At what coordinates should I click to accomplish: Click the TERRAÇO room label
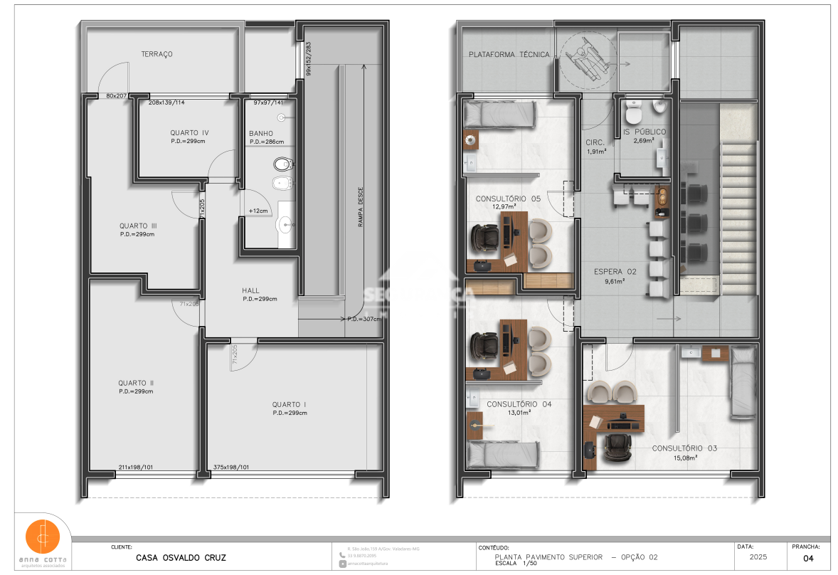click(157, 54)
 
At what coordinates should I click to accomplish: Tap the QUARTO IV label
click(189, 133)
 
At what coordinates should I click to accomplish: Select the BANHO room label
click(261, 134)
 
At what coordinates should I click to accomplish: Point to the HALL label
click(250, 290)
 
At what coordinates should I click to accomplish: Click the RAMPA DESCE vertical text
click(361, 207)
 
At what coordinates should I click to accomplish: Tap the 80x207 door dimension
click(116, 95)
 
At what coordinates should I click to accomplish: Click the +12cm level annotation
click(258, 211)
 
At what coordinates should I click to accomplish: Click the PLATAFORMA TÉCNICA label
click(509, 55)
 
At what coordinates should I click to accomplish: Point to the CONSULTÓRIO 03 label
click(684, 448)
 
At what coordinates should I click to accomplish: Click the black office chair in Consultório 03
click(615, 447)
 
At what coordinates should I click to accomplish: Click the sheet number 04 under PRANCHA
click(807, 559)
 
